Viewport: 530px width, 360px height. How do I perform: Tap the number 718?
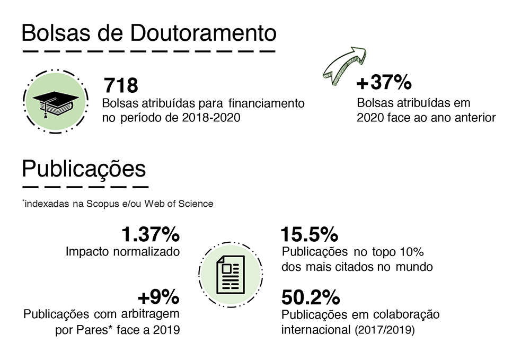click(x=121, y=85)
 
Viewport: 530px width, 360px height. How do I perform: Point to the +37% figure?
click(x=384, y=83)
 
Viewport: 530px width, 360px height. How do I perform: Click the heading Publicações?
click(x=84, y=169)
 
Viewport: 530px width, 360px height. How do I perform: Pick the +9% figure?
click(x=158, y=296)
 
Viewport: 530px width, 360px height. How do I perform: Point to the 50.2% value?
click(x=310, y=296)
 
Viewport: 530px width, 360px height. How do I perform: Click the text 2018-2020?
click(x=210, y=117)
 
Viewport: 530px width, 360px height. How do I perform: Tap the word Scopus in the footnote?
click(x=101, y=204)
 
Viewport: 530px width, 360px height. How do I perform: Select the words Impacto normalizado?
click(x=122, y=251)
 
